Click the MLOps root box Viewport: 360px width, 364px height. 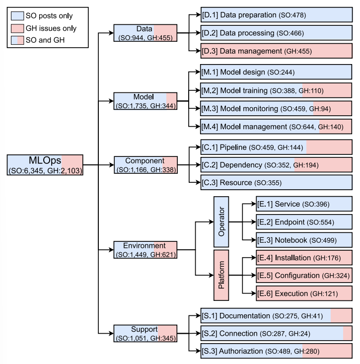(45, 165)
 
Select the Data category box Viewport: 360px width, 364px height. (144, 33)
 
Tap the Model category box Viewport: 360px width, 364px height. (144, 101)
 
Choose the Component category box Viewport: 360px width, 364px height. (145, 165)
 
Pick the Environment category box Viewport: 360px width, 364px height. (145, 250)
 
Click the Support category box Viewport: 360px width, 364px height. (145, 333)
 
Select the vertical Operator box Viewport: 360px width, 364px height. (221, 221)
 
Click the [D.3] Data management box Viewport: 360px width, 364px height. (276, 51)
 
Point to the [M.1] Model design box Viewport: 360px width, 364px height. (276, 73)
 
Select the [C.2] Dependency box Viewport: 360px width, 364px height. (276, 165)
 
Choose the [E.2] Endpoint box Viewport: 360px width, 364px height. (304, 222)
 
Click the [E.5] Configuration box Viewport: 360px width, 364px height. (304, 275)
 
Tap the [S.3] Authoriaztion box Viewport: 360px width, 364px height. (276, 351)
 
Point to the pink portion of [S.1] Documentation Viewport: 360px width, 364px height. (341, 315)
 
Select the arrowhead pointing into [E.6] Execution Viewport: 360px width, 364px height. (253, 293)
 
